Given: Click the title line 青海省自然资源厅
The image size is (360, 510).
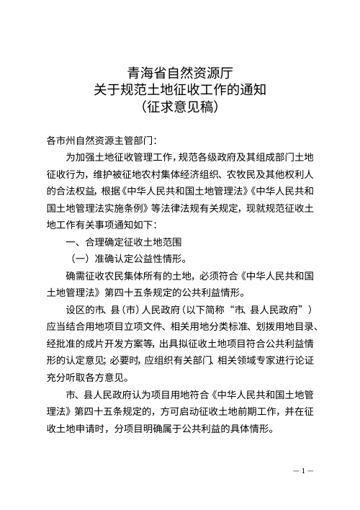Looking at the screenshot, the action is tap(179, 71).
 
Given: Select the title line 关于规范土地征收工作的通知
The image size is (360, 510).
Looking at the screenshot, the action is tap(179, 89).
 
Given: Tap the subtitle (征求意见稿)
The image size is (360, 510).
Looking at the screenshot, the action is tap(179, 107).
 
